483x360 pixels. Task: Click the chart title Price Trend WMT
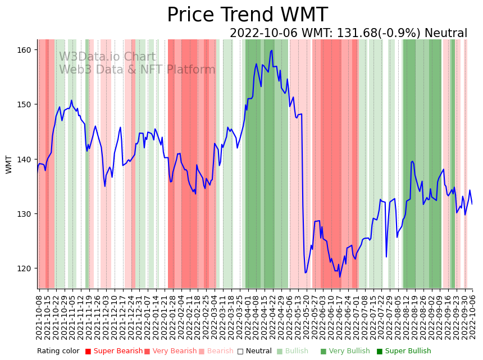(x=247, y=15)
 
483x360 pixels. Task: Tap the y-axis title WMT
(x=9, y=165)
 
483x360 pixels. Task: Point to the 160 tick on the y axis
(x=26, y=50)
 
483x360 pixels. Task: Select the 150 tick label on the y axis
(x=26, y=104)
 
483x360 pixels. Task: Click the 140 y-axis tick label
(x=26, y=160)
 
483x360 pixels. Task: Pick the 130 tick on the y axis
(x=26, y=214)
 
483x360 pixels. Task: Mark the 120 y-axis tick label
(x=26, y=268)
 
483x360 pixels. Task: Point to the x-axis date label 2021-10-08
(x=39, y=315)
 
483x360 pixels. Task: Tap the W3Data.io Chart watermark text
(x=107, y=57)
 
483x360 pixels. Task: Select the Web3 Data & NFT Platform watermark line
(x=137, y=70)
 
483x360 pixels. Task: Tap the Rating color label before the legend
(x=58, y=351)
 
